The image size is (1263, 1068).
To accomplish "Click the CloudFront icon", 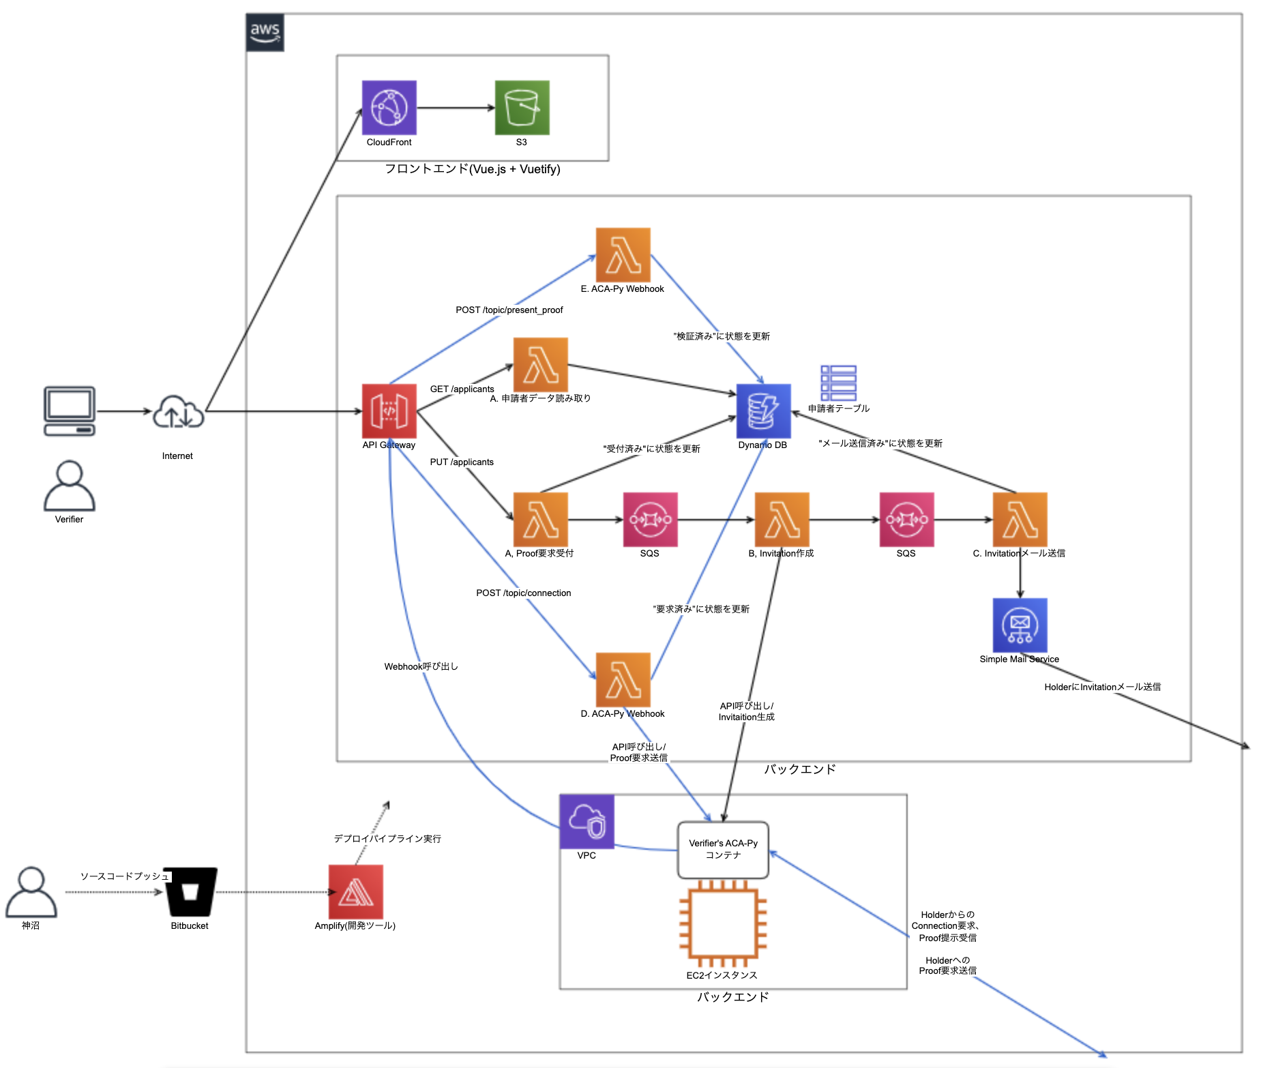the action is click(389, 108).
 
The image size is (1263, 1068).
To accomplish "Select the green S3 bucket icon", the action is click(522, 108).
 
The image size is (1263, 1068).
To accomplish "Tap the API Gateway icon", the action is click(389, 411).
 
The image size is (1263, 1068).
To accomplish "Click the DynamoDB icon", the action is click(763, 411).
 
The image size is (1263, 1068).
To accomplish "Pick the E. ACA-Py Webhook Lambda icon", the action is click(623, 255).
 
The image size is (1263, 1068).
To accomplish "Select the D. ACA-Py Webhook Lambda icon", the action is click(623, 680).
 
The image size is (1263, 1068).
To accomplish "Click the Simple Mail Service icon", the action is click(1020, 625).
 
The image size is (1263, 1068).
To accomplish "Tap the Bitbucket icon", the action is click(190, 892).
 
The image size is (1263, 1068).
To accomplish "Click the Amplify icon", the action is click(355, 892).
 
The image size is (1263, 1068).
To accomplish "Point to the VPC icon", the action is click(586, 822).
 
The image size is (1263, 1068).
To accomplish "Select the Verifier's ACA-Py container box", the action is click(723, 850).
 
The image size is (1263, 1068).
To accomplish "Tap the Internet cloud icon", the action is click(178, 412).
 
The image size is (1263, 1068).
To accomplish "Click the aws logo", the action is click(265, 32).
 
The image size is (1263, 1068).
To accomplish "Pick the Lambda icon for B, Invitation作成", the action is click(782, 520).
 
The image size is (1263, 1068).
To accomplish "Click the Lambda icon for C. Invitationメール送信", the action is click(1020, 520).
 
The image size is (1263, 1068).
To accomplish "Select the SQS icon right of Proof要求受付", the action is click(650, 520).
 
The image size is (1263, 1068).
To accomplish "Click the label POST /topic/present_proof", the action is click(509, 310).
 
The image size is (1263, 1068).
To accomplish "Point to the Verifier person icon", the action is click(69, 486).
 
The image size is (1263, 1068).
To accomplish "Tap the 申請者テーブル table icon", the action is click(838, 383).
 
